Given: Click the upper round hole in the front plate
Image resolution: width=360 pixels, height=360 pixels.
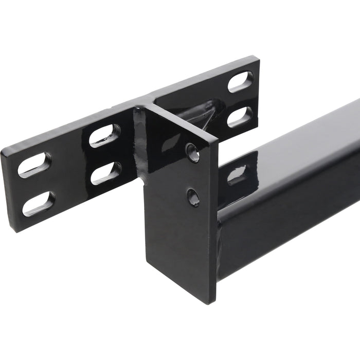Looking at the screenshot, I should click(x=193, y=153).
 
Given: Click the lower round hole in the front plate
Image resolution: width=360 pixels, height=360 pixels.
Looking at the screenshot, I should click(x=193, y=196).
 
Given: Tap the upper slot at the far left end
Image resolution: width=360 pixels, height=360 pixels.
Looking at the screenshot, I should click(x=34, y=165).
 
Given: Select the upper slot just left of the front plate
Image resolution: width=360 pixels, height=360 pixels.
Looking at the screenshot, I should click(x=104, y=136).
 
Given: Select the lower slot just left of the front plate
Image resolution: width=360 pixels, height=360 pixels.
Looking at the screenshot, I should click(x=106, y=173).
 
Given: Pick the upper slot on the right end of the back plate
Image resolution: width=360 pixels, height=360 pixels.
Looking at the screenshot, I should click(x=240, y=82).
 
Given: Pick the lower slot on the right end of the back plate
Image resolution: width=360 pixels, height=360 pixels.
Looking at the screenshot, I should click(x=240, y=117).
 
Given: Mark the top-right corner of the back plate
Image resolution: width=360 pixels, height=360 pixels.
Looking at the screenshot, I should click(x=256, y=58).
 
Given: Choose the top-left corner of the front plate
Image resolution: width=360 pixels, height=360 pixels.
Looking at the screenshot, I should click(x=136, y=107).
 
